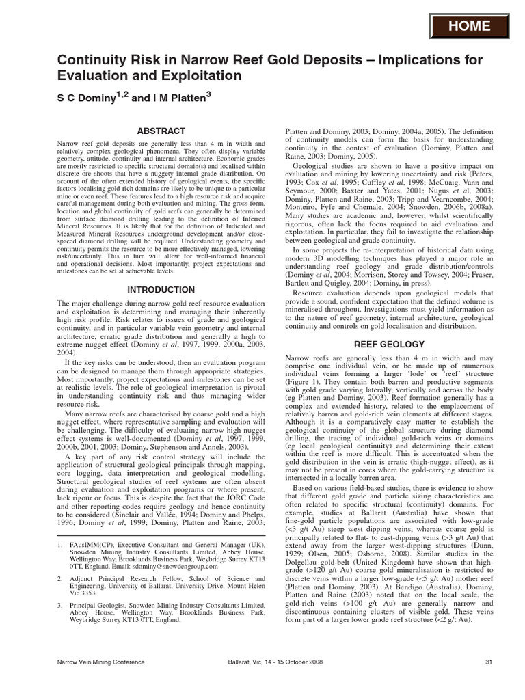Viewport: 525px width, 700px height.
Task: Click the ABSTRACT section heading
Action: point(161,131)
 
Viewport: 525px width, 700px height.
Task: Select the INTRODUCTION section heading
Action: point(161,290)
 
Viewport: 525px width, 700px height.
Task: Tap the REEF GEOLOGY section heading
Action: point(388,345)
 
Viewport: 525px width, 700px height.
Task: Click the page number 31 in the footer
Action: point(489,662)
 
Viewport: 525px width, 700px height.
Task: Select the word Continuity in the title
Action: point(94,62)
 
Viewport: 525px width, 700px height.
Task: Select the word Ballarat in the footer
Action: point(243,662)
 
